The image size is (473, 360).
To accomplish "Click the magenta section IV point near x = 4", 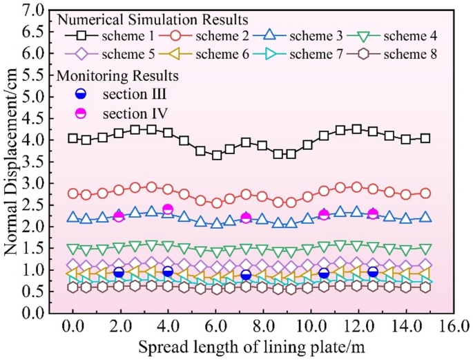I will tap(167, 209).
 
